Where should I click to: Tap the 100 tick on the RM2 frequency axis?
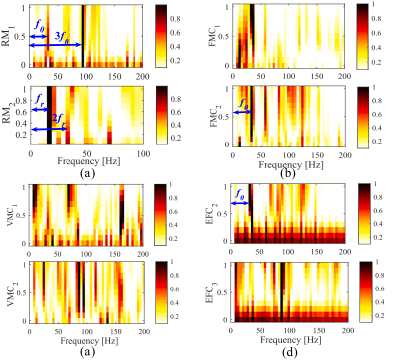pos(142,153)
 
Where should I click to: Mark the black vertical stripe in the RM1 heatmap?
pos(83,35)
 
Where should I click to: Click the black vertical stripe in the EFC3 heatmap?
pos(282,293)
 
